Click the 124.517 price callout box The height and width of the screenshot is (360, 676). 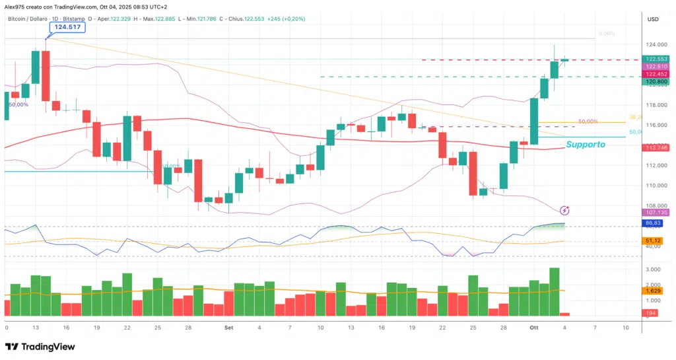(x=69, y=27)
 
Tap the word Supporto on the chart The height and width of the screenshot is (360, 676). (x=586, y=144)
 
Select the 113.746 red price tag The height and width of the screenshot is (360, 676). (x=658, y=147)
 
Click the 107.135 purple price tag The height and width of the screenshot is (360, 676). (x=658, y=213)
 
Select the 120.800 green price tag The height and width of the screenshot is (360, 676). (x=658, y=82)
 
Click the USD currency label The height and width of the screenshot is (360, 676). (x=654, y=18)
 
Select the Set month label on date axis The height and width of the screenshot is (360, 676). (x=228, y=327)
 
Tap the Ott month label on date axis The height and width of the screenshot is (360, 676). (x=534, y=327)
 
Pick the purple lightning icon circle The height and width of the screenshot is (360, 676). (x=564, y=210)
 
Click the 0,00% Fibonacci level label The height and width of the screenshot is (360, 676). (x=606, y=33)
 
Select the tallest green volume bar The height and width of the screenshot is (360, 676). (x=555, y=291)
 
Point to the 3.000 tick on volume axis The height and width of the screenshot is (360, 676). (x=654, y=270)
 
